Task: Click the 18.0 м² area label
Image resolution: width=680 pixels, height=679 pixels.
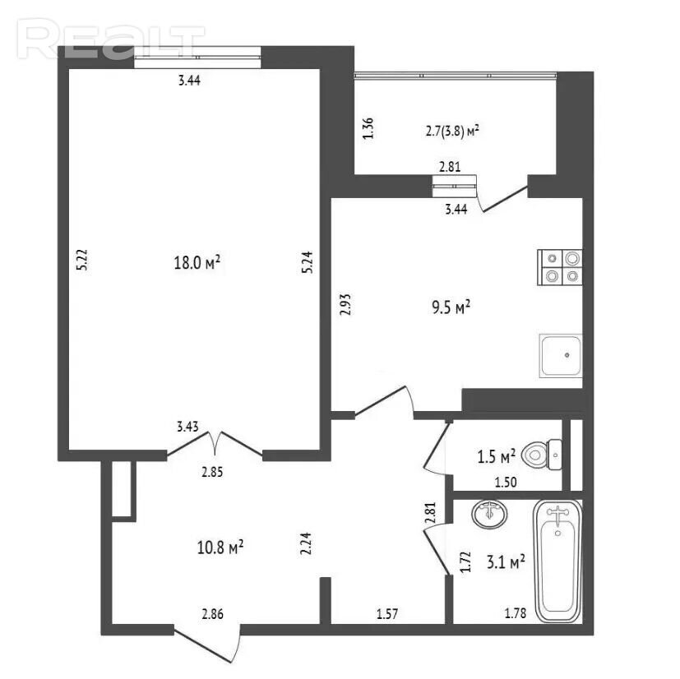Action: (197, 262)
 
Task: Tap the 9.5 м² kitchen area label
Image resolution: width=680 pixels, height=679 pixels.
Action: (451, 307)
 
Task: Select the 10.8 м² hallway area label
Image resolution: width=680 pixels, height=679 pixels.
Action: (220, 547)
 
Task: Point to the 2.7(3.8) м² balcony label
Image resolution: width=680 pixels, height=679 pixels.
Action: (452, 131)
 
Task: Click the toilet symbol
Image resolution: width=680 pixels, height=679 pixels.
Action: (542, 455)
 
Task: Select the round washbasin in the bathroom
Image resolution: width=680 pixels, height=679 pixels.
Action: (489, 514)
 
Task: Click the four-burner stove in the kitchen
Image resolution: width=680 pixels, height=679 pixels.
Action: (559, 267)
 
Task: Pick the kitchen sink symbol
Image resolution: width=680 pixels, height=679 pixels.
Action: (560, 356)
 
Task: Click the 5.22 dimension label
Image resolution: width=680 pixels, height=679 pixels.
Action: (82, 260)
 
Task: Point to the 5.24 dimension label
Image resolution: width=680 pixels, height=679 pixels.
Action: (307, 263)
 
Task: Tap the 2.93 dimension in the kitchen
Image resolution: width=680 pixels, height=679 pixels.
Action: (345, 304)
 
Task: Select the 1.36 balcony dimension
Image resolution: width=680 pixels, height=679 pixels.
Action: (368, 128)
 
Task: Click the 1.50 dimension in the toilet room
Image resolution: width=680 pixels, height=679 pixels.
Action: (506, 483)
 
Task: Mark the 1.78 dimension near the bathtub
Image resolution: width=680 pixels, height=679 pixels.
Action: (516, 613)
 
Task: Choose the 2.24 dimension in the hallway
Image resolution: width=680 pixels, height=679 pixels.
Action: (306, 543)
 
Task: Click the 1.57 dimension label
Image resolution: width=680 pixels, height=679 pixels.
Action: (386, 613)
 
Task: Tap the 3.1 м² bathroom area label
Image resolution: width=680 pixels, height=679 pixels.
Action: (506, 562)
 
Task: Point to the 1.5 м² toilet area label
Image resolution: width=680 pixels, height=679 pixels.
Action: (496, 456)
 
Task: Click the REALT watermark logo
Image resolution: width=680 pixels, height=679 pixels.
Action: (110, 39)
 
